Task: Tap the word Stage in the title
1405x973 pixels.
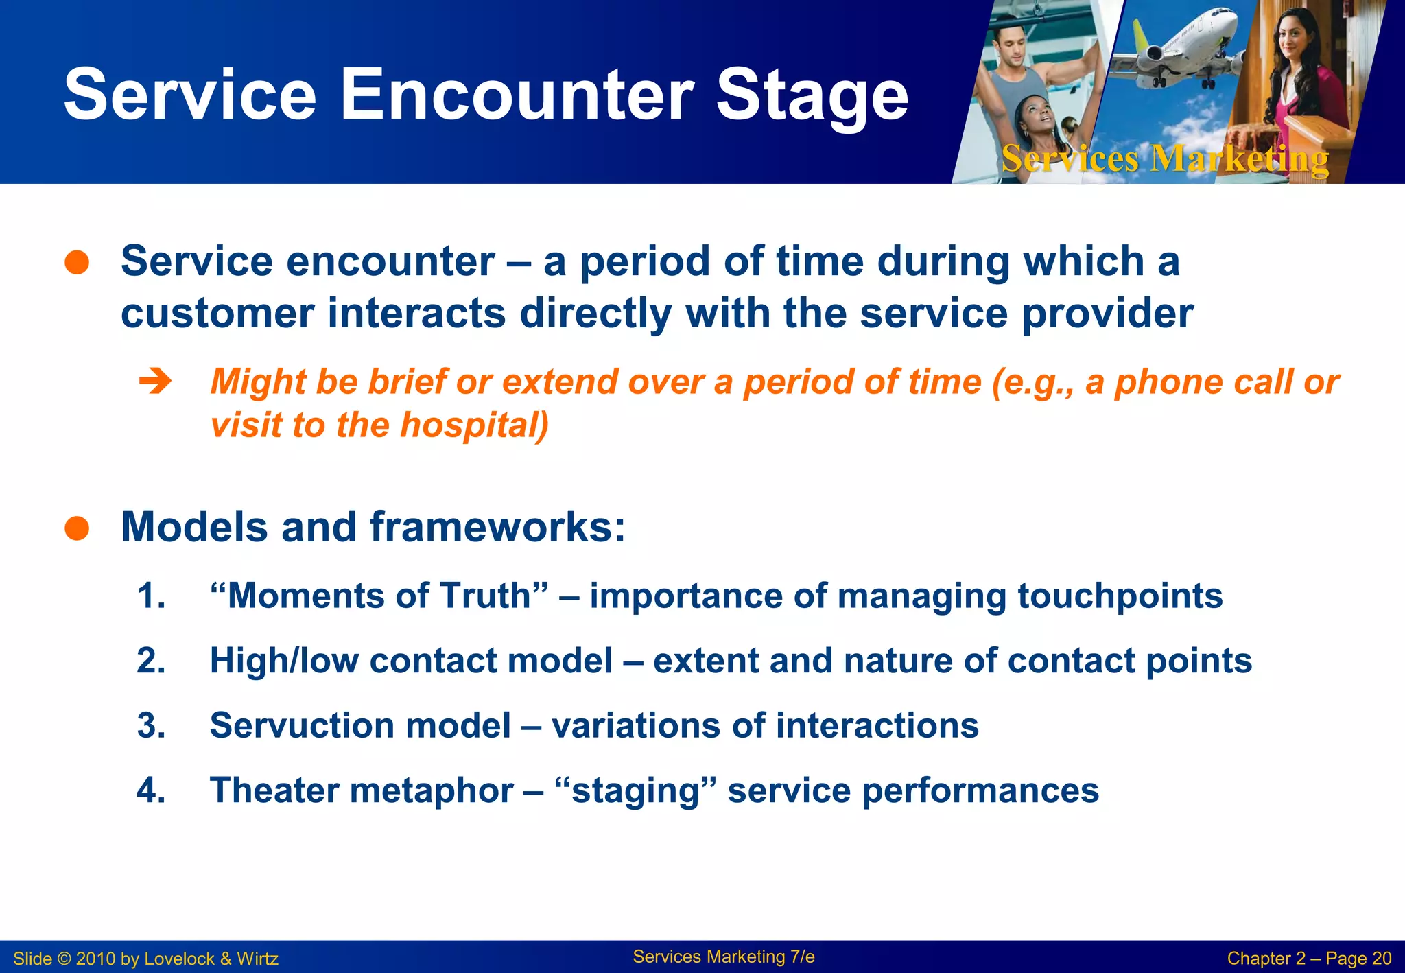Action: coord(812,99)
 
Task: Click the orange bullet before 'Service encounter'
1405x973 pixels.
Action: coord(77,262)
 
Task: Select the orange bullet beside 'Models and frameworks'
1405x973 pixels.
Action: coord(77,528)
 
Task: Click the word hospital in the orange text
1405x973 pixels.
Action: coord(474,425)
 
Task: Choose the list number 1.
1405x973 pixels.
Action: coord(152,595)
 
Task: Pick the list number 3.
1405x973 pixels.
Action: coord(152,725)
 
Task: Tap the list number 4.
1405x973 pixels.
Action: coord(152,790)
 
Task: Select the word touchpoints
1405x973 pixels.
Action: coord(1120,596)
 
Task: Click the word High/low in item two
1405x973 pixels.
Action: coord(284,661)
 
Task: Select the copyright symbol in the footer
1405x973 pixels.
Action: coord(64,959)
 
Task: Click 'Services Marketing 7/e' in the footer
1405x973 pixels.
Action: coord(724,957)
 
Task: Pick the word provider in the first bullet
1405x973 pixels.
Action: coord(1108,316)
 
